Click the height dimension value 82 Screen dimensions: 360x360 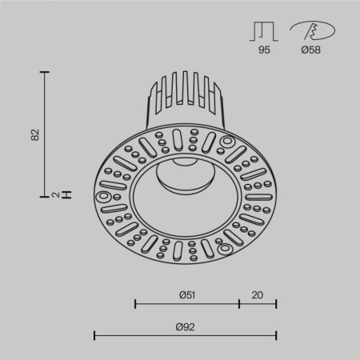[34, 134]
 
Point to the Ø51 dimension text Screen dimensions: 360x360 [187, 294]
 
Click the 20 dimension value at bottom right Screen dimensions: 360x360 [257, 294]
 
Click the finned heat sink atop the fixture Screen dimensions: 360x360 [184, 100]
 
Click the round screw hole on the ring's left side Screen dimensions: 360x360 [104, 196]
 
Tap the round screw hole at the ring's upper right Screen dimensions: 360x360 [227, 143]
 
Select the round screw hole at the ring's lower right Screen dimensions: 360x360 [227, 247]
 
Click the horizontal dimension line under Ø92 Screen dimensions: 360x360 [186, 335]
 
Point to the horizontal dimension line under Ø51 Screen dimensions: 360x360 [187, 304]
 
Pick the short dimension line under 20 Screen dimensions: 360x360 [258, 304]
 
